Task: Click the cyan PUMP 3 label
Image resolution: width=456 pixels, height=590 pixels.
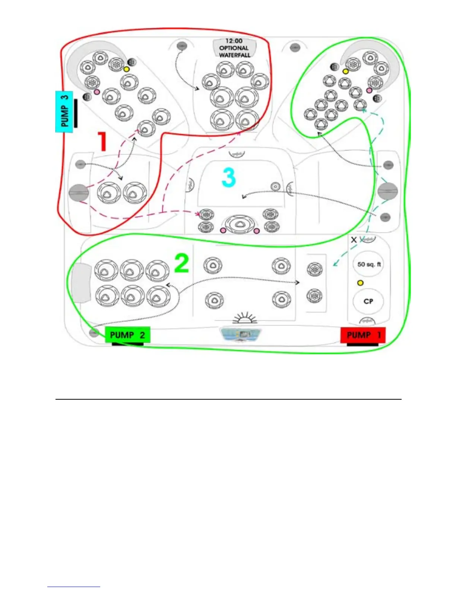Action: (64, 111)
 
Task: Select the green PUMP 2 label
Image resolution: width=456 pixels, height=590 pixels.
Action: (127, 335)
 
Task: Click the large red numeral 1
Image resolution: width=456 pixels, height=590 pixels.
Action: (101, 142)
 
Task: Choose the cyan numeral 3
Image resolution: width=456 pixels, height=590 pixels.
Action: (229, 177)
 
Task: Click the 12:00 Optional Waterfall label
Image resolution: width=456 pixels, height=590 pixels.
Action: (234, 48)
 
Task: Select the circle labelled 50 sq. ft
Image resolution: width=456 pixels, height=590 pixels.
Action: (368, 264)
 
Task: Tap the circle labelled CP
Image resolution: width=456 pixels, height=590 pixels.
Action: (368, 301)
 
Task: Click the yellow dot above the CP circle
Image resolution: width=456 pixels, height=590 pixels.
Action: (360, 283)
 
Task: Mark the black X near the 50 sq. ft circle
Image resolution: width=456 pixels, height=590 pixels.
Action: (354, 240)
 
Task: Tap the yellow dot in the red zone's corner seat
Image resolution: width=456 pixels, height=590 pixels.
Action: (126, 69)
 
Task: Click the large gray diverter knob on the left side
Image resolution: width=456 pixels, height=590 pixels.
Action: (79, 193)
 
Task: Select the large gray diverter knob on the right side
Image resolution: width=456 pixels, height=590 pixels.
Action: (388, 191)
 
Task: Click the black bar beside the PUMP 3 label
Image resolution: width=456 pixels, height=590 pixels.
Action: (76, 113)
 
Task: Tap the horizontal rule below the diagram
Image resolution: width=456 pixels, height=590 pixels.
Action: (228, 399)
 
